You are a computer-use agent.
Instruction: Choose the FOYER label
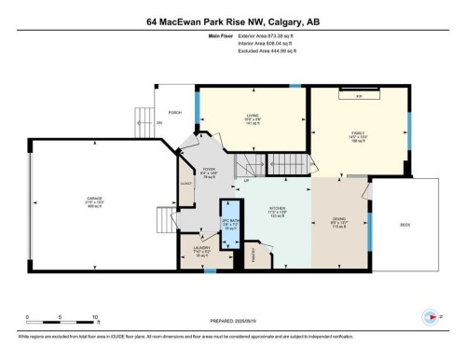pos(208,170)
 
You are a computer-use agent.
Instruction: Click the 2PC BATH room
pos(228,224)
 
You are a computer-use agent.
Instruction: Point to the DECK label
pos(404,225)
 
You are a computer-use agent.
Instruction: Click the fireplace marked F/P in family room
pos(358,95)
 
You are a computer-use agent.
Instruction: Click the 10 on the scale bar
pos(95,318)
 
